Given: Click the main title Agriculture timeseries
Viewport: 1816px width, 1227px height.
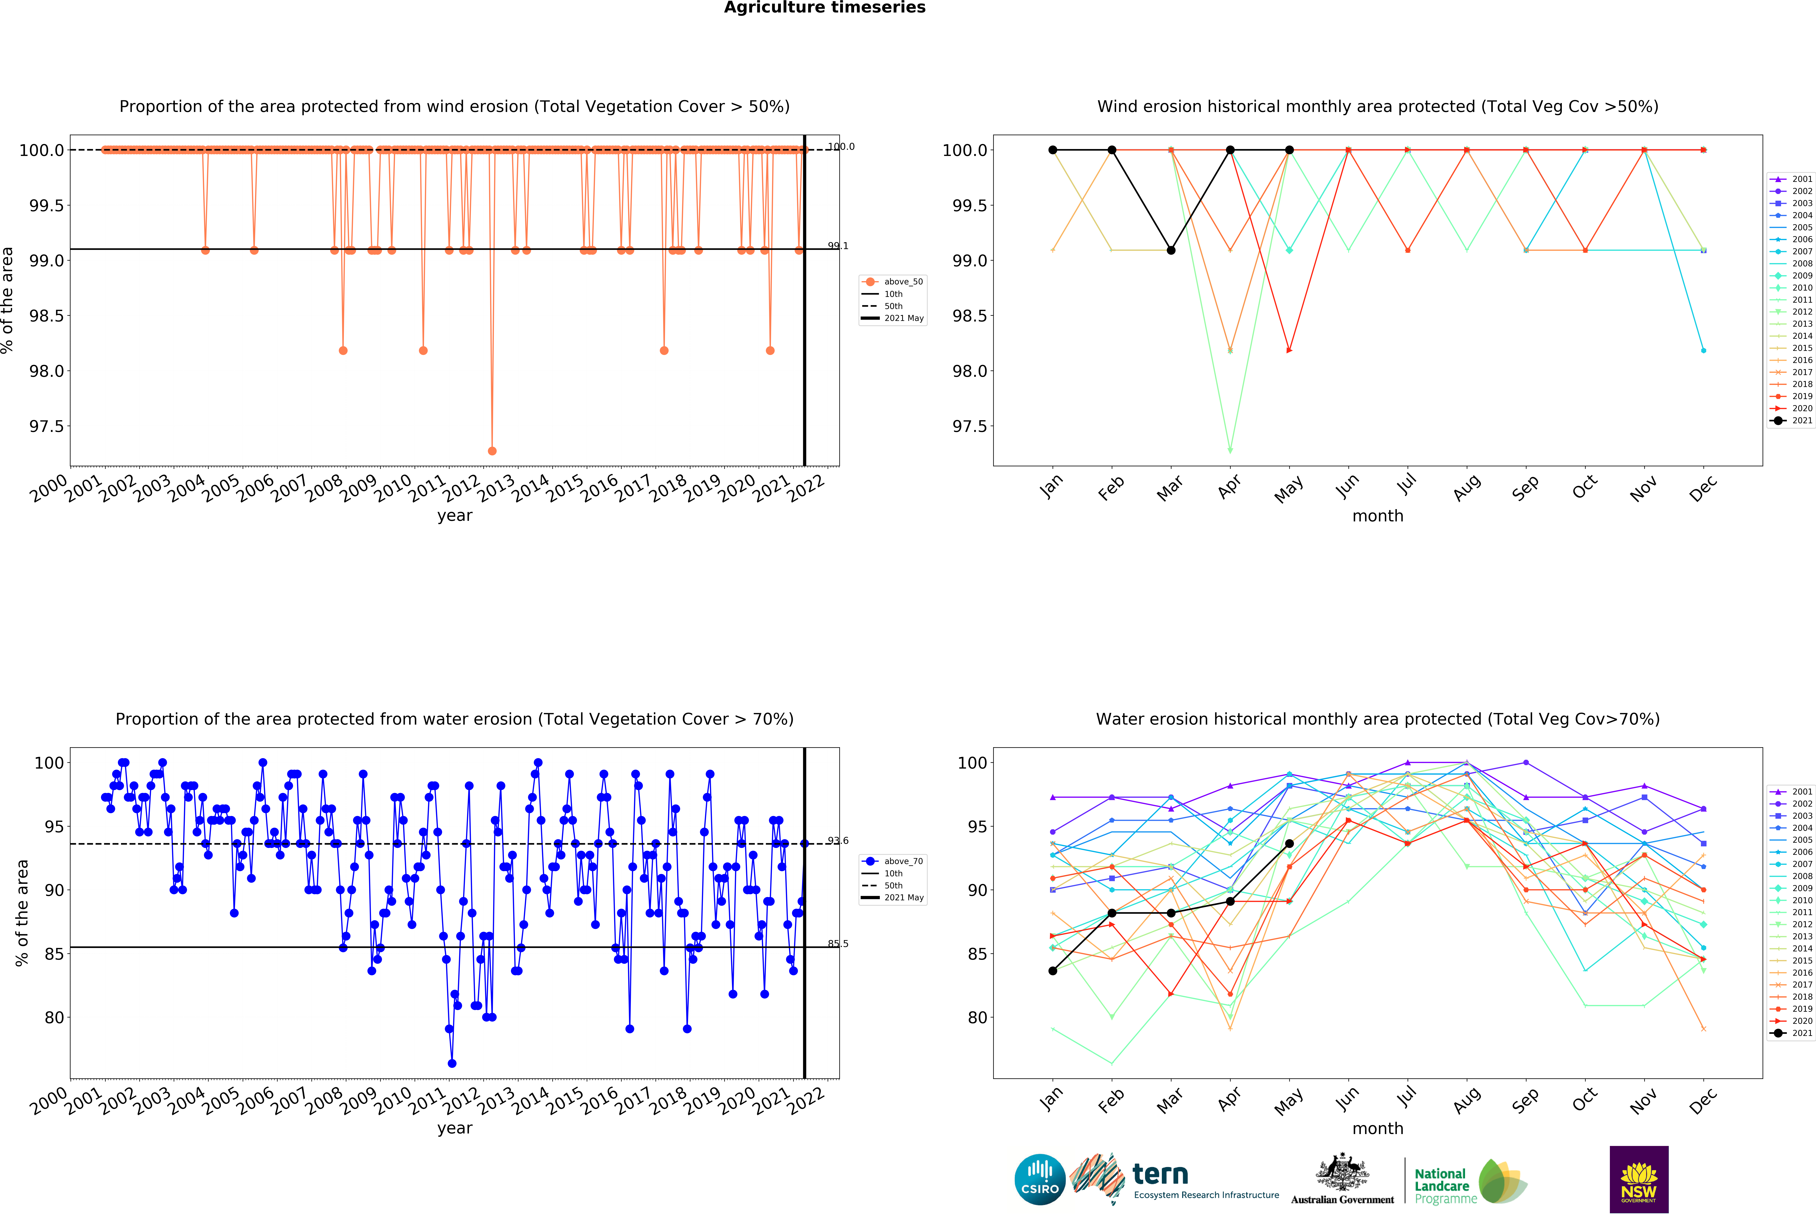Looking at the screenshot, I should [824, 8].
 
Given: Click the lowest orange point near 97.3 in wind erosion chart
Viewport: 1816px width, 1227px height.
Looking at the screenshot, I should [491, 451].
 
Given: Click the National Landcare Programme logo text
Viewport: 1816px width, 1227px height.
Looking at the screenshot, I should [1442, 1186].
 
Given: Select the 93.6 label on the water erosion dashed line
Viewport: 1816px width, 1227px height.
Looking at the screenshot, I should [838, 840].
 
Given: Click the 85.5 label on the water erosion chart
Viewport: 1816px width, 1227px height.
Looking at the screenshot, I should [838, 944].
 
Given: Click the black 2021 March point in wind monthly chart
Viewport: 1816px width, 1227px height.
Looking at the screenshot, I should [1171, 250].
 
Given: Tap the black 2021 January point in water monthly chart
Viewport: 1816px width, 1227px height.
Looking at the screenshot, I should [1053, 971].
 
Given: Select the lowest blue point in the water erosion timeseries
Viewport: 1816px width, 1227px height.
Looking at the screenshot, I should [452, 1063].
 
